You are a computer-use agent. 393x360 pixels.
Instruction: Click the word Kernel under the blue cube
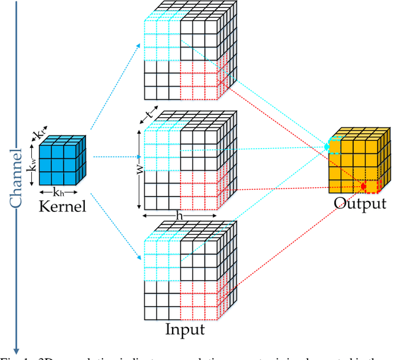63,206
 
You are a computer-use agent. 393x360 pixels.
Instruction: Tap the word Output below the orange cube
360,203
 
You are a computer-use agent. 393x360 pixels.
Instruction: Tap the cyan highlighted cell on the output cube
333,146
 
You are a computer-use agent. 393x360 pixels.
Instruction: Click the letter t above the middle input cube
148,114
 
